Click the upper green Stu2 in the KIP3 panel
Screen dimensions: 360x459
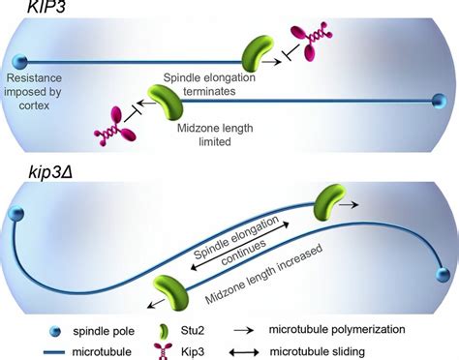[258, 51]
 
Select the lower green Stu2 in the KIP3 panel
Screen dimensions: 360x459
[163, 101]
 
